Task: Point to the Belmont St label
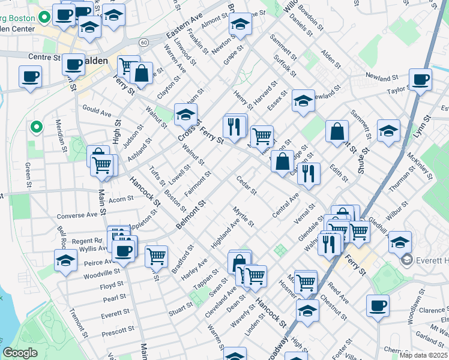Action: point(191,215)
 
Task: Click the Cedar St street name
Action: point(246,185)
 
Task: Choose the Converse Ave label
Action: point(77,215)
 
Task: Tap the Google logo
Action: point(20,353)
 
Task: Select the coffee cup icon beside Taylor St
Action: point(420,79)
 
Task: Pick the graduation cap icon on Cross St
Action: point(186,113)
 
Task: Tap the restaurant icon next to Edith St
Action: point(309,173)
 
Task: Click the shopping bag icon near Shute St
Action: point(337,131)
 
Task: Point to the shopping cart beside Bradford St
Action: point(156,255)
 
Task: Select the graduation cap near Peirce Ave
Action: point(65,260)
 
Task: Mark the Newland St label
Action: point(382,77)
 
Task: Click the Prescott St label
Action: point(118,330)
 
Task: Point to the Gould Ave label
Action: point(97,113)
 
